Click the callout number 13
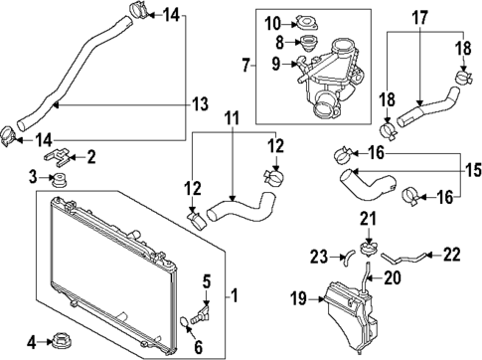click(x=201, y=103)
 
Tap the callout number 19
click(x=296, y=298)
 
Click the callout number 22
click(x=451, y=255)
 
